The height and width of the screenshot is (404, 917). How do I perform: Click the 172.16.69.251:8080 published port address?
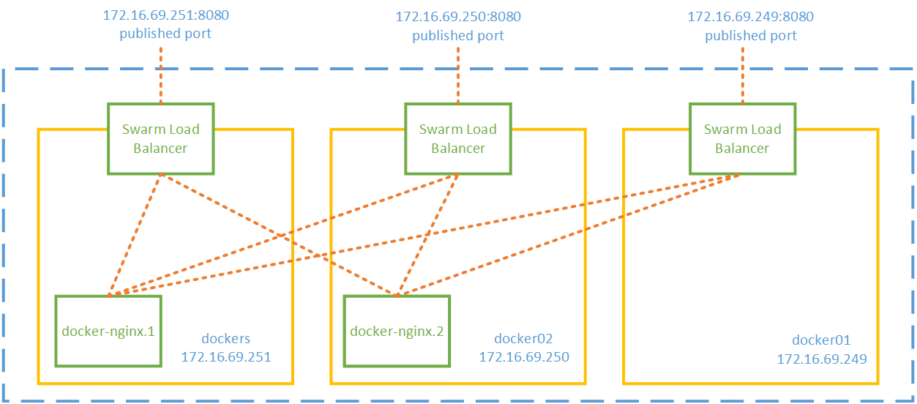coord(165,14)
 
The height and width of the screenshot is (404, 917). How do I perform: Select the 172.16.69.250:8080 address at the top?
coord(457,16)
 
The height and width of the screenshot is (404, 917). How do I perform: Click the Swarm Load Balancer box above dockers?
coord(160,138)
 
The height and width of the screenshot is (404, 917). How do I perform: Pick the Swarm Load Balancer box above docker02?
coord(457,138)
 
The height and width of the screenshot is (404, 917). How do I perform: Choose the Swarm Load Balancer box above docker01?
coord(742,138)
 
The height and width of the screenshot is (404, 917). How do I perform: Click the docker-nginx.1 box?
coord(108,331)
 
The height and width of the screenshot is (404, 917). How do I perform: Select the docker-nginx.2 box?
coord(397,331)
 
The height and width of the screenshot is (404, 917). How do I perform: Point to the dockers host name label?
coord(225,339)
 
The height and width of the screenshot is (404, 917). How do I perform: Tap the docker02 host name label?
coord(523,339)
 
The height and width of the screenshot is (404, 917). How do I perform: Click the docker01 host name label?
coord(821,340)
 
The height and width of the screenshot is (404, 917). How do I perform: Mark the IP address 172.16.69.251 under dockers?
coord(225,357)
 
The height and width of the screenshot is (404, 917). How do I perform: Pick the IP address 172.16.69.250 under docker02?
coord(523,357)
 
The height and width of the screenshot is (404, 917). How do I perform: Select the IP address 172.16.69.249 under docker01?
coord(821,359)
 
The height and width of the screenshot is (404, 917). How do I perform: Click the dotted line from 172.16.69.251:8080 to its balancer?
coord(160,73)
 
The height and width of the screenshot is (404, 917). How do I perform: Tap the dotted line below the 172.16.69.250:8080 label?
coord(457,73)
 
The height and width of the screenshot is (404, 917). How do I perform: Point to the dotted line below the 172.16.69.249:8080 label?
coord(742,73)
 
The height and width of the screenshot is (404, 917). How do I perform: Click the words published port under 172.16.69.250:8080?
coord(457,35)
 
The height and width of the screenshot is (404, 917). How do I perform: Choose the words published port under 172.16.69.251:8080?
coord(165,33)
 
